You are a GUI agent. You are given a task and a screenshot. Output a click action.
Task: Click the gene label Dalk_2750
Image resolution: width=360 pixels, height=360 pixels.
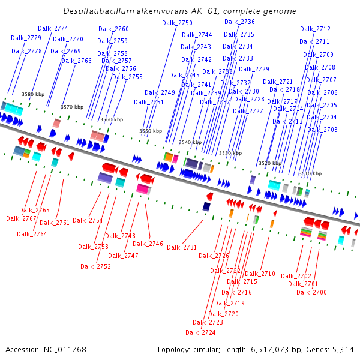click(177, 23)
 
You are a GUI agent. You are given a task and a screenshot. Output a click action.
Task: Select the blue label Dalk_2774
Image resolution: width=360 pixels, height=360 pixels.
click(53, 28)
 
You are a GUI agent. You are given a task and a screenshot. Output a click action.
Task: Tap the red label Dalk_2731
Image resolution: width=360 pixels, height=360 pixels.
click(182, 247)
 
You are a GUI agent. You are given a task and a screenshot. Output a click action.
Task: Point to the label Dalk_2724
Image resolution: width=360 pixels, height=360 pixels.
click(200, 332)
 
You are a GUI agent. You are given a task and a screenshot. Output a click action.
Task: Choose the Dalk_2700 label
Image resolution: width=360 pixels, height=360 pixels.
click(311, 292)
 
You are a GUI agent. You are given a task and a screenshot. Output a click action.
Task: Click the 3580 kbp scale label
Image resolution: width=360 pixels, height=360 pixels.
click(33, 94)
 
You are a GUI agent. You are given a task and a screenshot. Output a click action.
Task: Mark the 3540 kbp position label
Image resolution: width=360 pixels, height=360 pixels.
click(190, 142)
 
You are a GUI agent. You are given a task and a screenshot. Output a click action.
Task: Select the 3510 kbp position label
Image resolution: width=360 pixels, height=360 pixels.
click(310, 173)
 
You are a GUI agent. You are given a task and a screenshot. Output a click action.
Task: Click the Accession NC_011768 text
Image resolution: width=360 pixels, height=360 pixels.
click(46, 350)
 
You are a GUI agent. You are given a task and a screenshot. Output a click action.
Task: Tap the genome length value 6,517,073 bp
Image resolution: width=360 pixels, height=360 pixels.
click(273, 350)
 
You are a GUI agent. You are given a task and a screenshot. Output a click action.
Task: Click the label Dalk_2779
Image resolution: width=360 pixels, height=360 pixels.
click(26, 38)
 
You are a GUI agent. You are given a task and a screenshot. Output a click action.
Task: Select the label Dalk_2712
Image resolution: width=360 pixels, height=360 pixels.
click(315, 29)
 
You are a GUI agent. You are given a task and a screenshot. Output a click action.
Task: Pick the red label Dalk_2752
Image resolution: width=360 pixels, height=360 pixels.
click(95, 266)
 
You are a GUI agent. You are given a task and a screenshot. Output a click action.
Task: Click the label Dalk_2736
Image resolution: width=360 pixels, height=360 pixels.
click(239, 22)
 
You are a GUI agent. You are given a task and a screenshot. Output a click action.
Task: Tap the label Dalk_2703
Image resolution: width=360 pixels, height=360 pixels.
click(322, 130)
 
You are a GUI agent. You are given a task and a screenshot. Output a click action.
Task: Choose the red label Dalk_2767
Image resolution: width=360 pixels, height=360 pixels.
click(21, 218)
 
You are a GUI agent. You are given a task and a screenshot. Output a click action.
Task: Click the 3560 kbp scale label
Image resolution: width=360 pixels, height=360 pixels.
click(112, 119)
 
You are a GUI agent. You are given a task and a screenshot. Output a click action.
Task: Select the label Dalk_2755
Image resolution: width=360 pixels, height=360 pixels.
click(127, 77)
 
